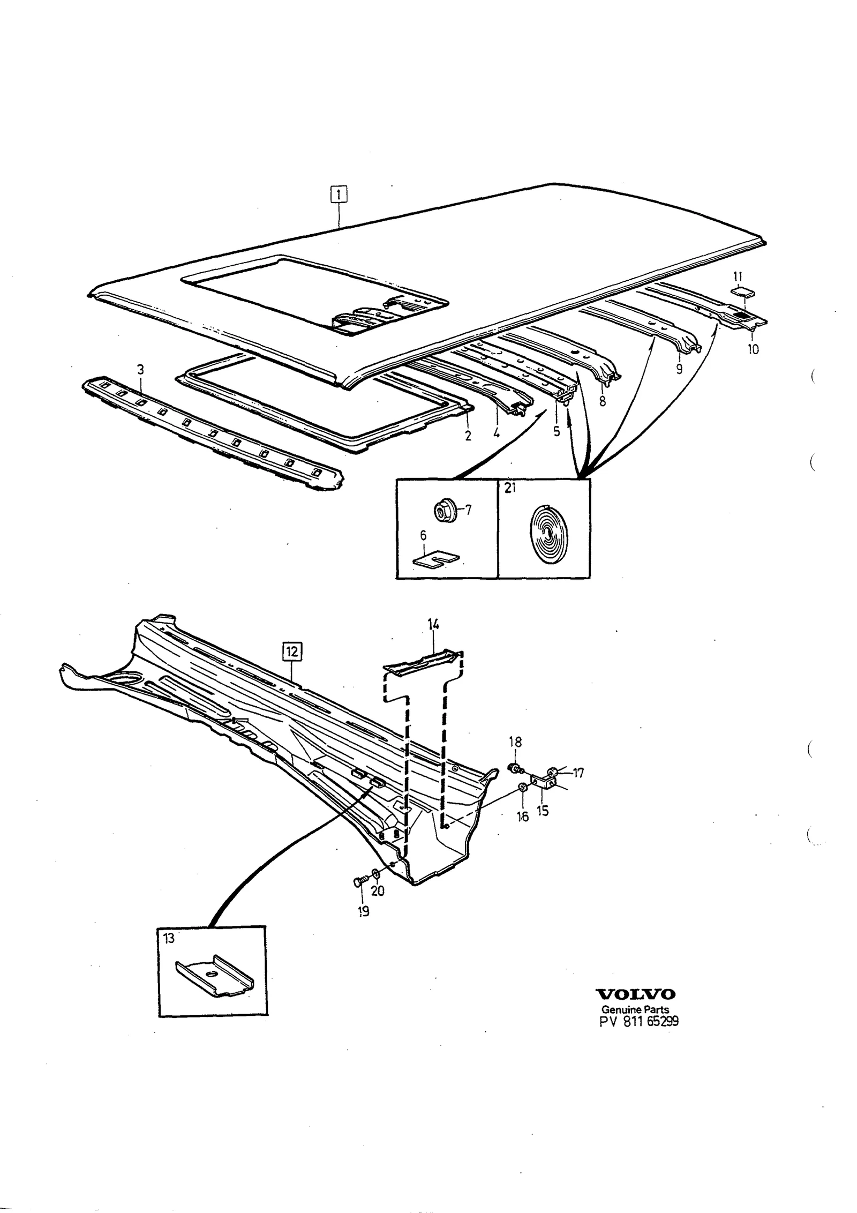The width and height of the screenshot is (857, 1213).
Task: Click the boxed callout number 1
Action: (339, 193)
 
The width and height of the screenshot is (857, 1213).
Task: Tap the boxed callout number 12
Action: (292, 652)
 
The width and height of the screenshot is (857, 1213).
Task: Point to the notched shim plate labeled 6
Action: (437, 559)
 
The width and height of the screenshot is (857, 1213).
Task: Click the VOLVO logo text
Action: (636, 994)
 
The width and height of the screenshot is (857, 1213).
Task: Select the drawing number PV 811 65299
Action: (639, 1021)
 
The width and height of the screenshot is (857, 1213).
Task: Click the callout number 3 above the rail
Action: (140, 369)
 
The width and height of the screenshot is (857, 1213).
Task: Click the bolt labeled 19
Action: (360, 881)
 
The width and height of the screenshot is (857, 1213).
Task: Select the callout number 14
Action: (433, 624)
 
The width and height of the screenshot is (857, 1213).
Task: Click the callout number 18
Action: (515, 742)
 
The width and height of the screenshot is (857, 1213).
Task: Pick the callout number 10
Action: (753, 349)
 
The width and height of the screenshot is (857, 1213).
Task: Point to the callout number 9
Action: (679, 369)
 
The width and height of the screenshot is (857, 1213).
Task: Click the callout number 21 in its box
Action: (509, 488)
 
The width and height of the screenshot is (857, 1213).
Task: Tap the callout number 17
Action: (578, 773)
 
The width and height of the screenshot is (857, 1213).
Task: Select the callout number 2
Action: (468, 436)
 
